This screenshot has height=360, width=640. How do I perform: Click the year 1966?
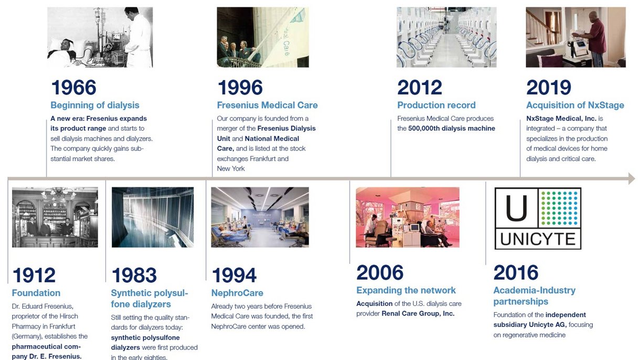74,88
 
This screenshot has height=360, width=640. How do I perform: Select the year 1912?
34,275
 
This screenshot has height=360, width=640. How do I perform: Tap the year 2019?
549,88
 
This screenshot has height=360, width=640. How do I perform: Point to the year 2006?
380,272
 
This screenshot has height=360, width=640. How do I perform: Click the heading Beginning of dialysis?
95,105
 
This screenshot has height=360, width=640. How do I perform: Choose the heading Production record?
436,105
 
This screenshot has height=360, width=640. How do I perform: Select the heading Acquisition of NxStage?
575,105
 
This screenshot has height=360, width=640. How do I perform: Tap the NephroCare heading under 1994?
237,293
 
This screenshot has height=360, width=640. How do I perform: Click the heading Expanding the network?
406,290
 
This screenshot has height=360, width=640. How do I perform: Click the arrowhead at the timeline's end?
632,178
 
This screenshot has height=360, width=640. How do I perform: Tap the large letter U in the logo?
516,208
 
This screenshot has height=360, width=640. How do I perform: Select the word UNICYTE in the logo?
537,239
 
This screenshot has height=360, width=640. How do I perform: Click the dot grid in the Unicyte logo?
559,208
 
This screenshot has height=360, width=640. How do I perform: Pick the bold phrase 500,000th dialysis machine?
452,128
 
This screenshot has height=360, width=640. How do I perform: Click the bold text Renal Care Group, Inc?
418,313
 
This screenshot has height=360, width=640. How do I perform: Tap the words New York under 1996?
231,168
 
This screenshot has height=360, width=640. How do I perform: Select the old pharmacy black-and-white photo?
55,217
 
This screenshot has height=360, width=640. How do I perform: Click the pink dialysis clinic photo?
408,217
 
